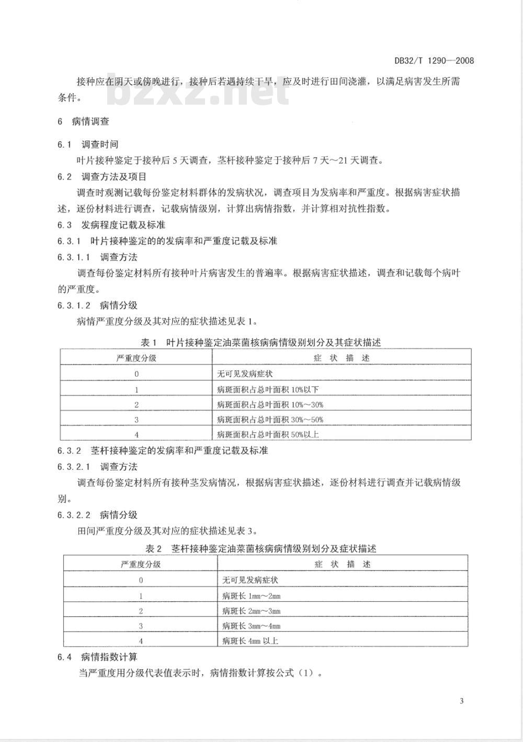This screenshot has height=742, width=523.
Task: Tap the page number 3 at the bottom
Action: (461, 701)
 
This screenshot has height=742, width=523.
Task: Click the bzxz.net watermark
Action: (199, 93)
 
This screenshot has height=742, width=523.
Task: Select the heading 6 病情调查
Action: (84, 121)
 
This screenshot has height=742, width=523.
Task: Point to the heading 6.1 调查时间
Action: (88, 144)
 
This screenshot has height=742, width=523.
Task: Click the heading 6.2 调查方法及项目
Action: (102, 176)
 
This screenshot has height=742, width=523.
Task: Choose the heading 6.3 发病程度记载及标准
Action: (111, 224)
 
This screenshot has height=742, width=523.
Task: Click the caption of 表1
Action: (261, 342)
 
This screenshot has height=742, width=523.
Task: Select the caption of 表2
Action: (261, 548)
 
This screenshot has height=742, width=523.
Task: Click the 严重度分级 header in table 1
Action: (136, 358)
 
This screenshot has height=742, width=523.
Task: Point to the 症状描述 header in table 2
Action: (343, 564)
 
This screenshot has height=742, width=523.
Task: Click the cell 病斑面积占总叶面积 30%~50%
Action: (270, 419)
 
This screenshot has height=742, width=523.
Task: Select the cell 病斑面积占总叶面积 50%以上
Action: (267, 434)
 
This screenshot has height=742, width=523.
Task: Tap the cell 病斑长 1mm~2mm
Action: (251, 595)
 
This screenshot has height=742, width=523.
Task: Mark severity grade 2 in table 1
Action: (137, 404)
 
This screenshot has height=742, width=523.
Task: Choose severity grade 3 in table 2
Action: (141, 626)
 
